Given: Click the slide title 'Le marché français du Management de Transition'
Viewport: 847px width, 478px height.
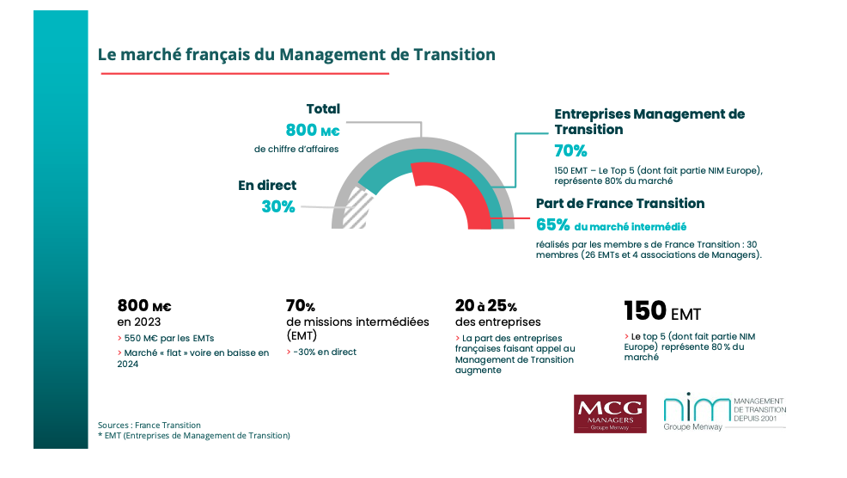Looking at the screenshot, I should (296, 54).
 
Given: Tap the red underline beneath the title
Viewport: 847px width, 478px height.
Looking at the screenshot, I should (244, 74).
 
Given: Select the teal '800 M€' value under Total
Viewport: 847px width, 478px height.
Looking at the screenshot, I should (313, 130).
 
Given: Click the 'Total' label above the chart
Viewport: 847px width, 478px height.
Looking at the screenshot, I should (323, 109).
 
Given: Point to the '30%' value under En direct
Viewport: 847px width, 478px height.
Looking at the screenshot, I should (277, 206).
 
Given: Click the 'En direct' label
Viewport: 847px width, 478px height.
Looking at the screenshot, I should (267, 185).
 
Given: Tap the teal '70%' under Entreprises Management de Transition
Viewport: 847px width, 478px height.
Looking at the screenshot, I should (570, 150).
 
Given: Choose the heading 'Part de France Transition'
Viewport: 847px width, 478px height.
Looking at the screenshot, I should (619, 204).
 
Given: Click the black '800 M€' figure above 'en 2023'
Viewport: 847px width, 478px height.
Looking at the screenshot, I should (144, 305).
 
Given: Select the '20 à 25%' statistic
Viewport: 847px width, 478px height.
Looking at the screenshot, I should (485, 305).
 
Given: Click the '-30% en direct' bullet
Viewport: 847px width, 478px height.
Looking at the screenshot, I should (321, 352).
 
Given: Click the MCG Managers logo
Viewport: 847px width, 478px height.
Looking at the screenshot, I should (610, 414).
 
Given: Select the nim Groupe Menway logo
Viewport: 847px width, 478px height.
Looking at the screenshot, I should (724, 414).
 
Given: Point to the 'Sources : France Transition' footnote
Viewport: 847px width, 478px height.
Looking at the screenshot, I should (149, 425).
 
